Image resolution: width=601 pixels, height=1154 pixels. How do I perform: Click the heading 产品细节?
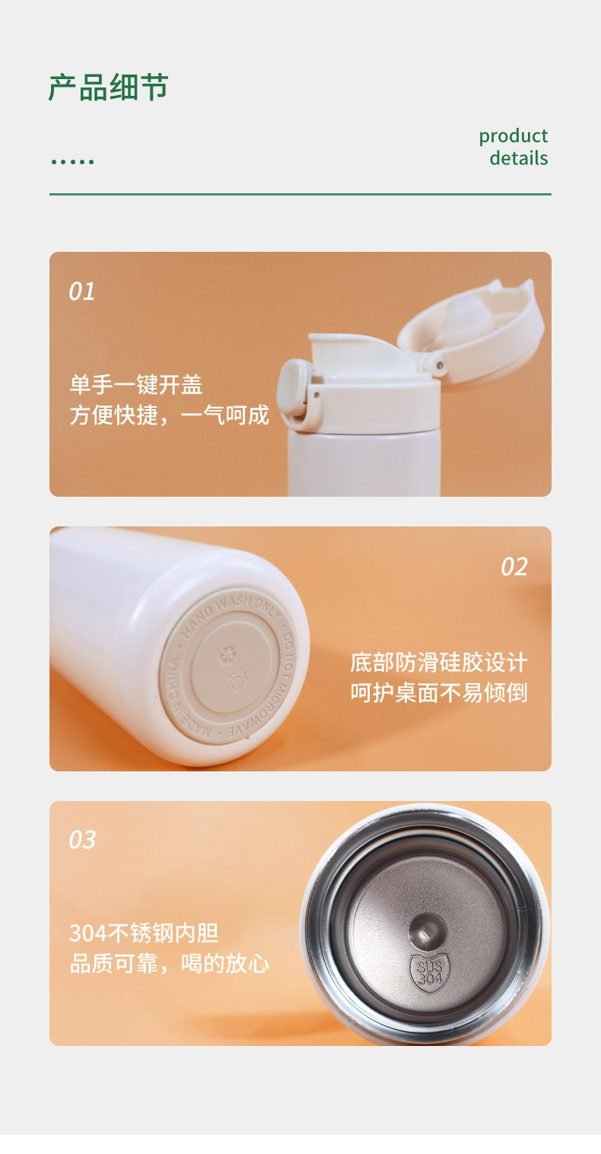[108, 87]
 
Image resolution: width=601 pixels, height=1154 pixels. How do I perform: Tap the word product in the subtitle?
[513, 136]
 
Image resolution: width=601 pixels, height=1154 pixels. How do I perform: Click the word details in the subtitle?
[518, 158]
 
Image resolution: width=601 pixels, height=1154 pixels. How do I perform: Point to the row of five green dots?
[72, 162]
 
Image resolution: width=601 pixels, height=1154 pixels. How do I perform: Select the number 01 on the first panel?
[82, 291]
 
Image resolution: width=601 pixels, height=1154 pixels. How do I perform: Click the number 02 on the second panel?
[514, 567]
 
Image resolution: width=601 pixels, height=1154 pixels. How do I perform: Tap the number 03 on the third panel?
[82, 840]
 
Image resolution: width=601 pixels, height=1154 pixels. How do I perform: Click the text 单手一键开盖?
[136, 385]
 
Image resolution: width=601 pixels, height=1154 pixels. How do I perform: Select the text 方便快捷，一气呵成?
[170, 415]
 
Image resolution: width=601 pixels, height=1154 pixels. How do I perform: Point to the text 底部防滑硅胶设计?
[439, 663]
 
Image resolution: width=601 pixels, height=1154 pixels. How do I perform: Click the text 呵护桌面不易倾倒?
[439, 693]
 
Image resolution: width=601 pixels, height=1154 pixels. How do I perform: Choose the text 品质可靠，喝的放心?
[170, 963]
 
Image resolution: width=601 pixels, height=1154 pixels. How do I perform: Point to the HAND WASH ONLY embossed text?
[231, 613]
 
